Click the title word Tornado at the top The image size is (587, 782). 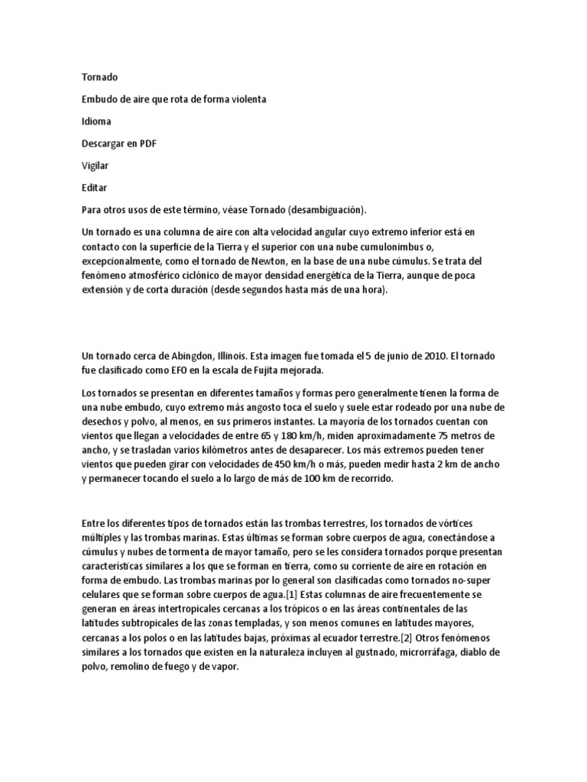(99, 77)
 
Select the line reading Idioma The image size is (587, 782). (96, 121)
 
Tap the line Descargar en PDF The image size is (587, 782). (118, 143)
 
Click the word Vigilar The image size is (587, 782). (95, 165)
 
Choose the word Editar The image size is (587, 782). (94, 187)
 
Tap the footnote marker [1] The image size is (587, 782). (293, 593)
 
